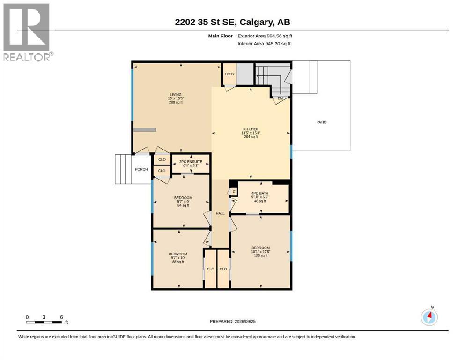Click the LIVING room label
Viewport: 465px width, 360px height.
click(x=176, y=95)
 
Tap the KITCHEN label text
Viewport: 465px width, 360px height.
click(x=251, y=129)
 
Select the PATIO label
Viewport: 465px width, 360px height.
click(x=321, y=122)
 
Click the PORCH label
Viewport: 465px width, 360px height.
click(x=141, y=170)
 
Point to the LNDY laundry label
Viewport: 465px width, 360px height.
click(x=230, y=74)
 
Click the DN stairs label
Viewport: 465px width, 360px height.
click(x=280, y=98)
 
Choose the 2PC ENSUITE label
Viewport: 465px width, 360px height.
click(x=191, y=162)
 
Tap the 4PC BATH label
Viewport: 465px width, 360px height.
click(x=260, y=193)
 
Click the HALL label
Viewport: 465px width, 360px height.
click(x=220, y=213)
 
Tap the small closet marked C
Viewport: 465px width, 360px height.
click(x=234, y=192)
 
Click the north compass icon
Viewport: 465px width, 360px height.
click(x=429, y=317)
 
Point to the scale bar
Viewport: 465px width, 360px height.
click(x=44, y=322)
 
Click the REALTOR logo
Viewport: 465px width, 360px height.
click(x=28, y=32)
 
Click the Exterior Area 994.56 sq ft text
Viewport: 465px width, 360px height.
click(x=265, y=36)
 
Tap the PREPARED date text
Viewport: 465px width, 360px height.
click(x=232, y=321)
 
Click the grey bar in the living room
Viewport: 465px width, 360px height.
click(x=145, y=130)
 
